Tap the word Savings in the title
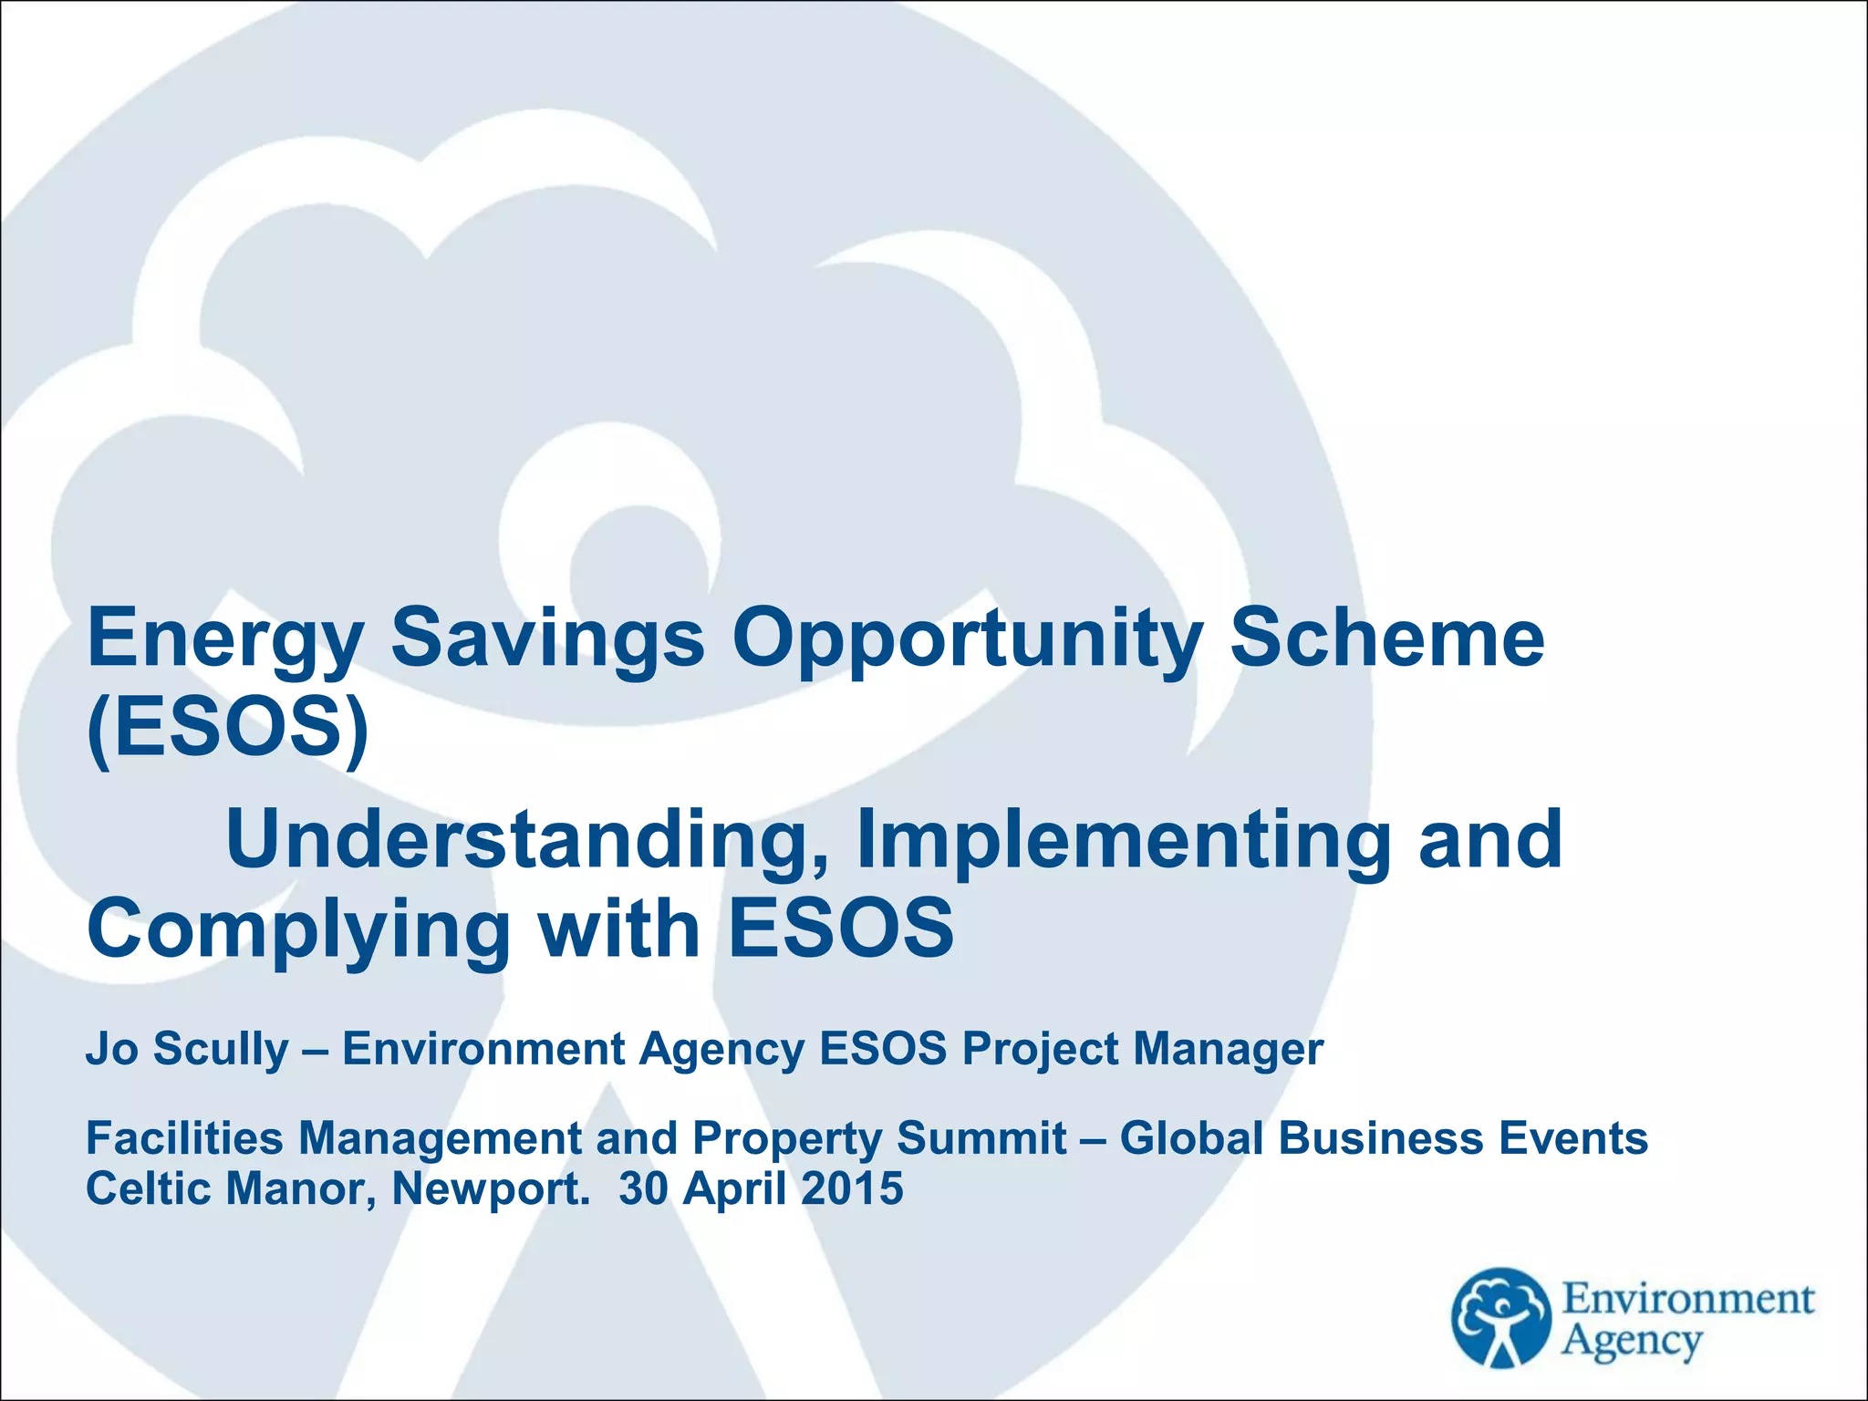[547, 639]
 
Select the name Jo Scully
[187, 1049]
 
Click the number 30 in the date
[644, 1188]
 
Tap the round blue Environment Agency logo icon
[1500, 1317]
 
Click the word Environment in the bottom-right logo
[1688, 1299]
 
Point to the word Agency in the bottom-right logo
[1632, 1342]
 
